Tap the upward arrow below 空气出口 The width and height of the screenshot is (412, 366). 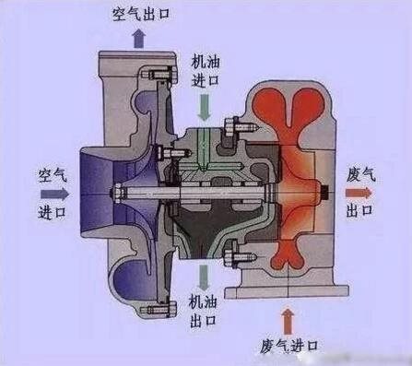click(139, 37)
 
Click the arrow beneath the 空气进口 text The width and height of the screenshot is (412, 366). click(53, 195)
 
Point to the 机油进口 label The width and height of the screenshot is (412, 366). click(205, 69)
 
